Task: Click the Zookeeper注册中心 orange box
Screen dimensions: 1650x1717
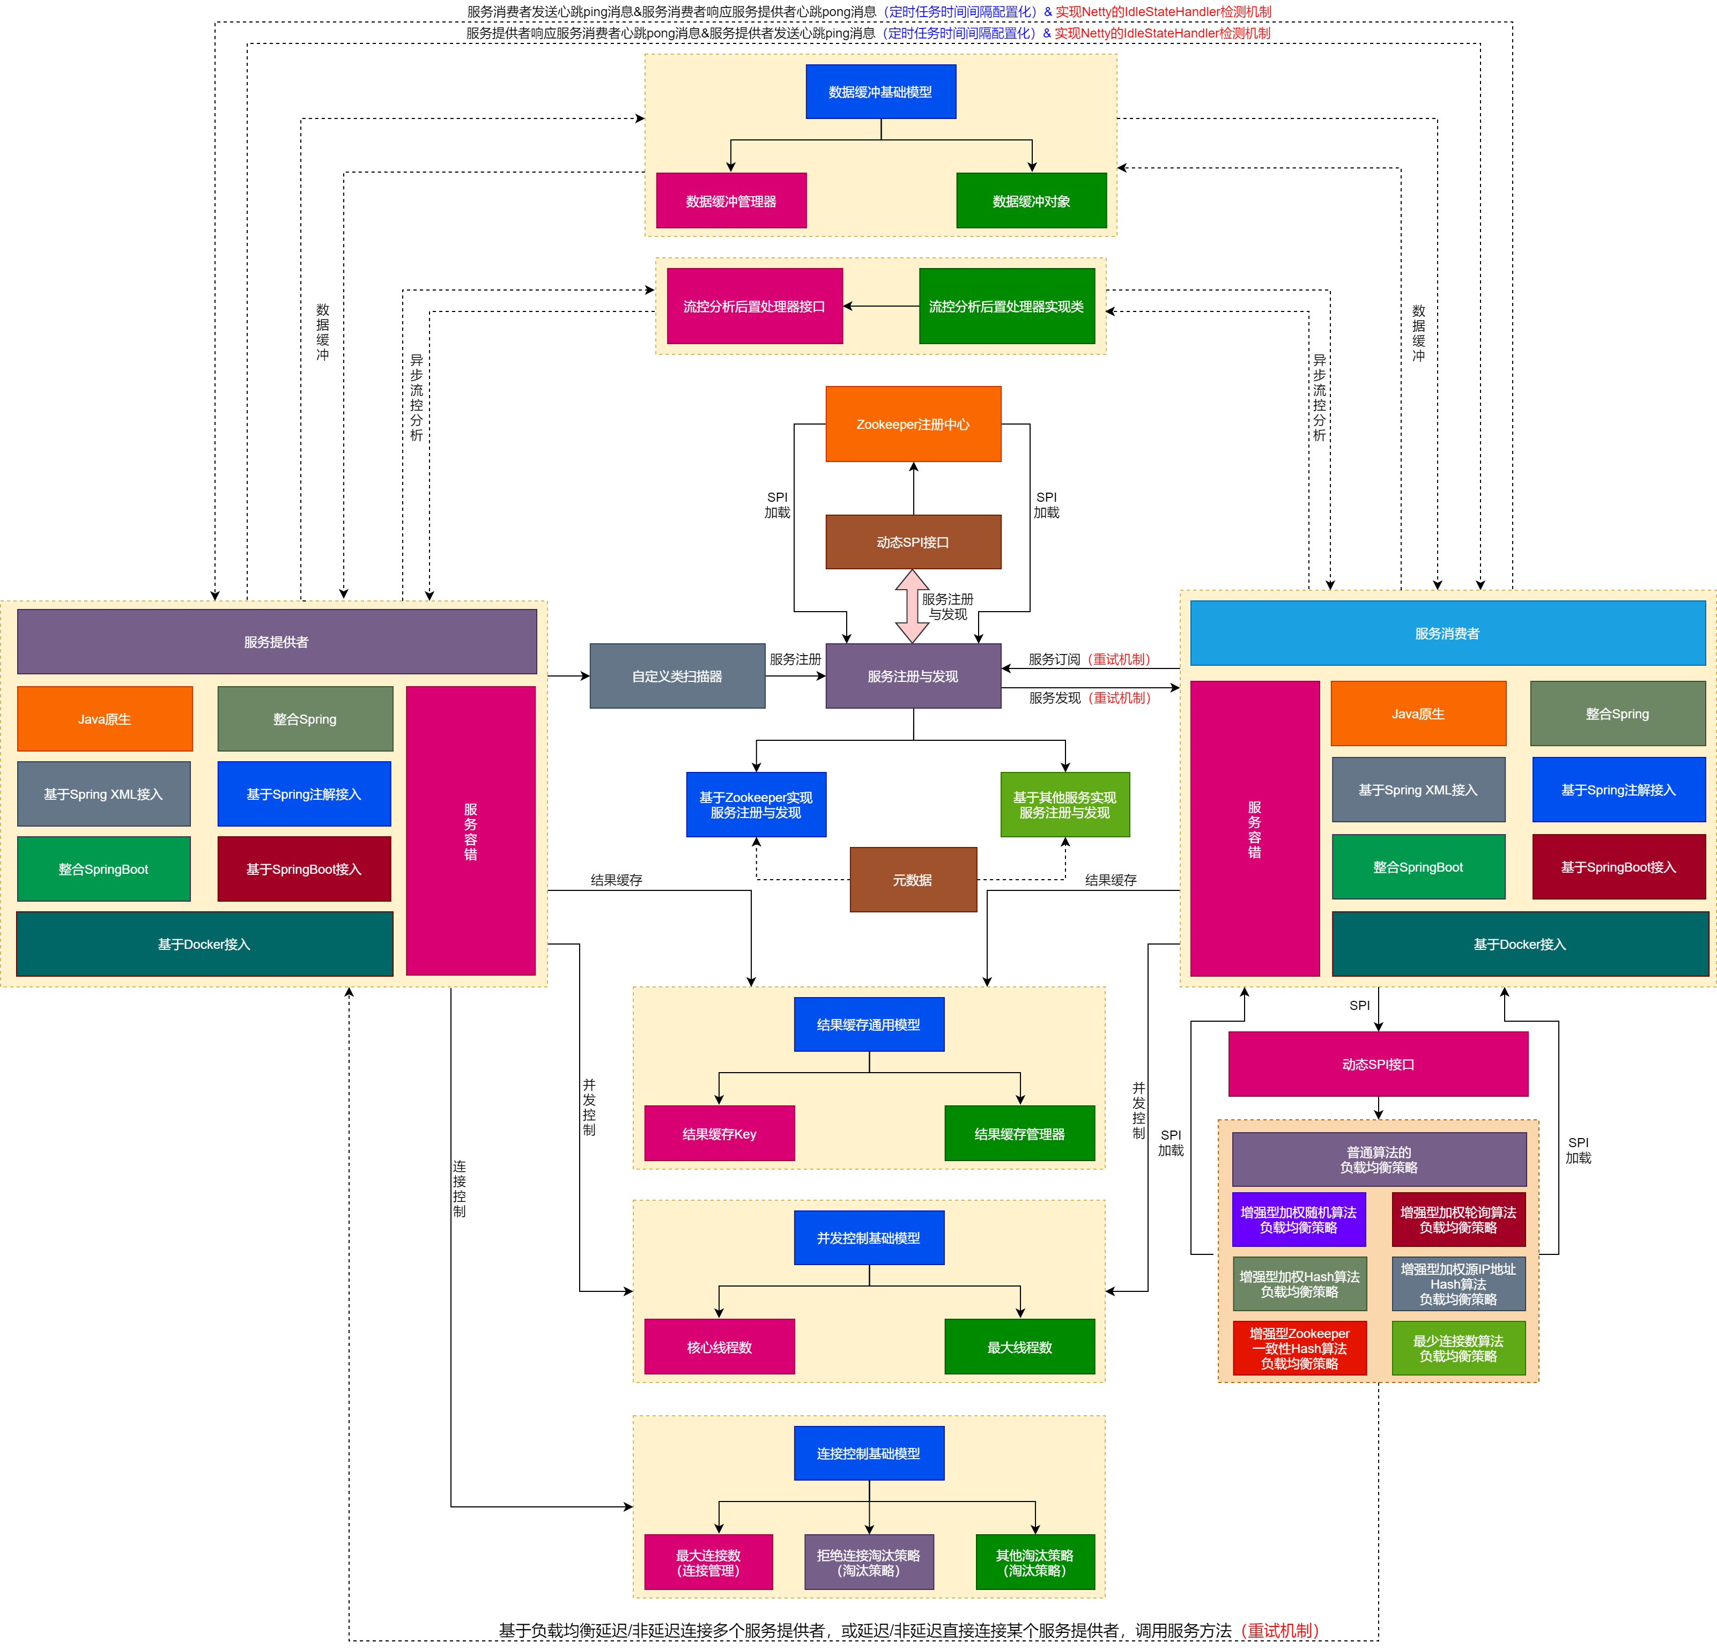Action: point(913,424)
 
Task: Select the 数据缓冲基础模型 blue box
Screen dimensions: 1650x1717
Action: point(880,92)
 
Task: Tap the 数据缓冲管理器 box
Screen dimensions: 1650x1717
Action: point(730,200)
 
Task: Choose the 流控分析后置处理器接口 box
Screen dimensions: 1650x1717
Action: point(754,306)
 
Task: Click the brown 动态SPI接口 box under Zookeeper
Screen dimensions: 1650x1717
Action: point(913,542)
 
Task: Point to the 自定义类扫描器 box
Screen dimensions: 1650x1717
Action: point(677,676)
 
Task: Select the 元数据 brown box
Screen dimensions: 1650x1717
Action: point(913,879)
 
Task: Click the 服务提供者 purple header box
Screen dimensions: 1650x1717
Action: point(277,642)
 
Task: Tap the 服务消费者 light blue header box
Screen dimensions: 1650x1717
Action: point(1447,633)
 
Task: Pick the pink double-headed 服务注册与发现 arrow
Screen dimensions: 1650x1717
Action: point(912,606)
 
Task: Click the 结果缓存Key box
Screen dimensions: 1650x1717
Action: point(719,1133)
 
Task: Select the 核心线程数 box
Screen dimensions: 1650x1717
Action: point(719,1347)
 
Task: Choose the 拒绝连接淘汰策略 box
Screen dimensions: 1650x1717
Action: point(869,1563)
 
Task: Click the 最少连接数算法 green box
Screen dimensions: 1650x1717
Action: point(1459,1348)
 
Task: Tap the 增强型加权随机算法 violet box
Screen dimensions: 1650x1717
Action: point(1298,1219)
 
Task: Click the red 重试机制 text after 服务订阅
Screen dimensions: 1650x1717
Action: point(1119,659)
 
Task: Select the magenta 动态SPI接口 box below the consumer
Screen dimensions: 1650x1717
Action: point(1378,1064)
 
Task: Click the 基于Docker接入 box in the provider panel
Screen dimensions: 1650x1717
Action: point(204,944)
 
